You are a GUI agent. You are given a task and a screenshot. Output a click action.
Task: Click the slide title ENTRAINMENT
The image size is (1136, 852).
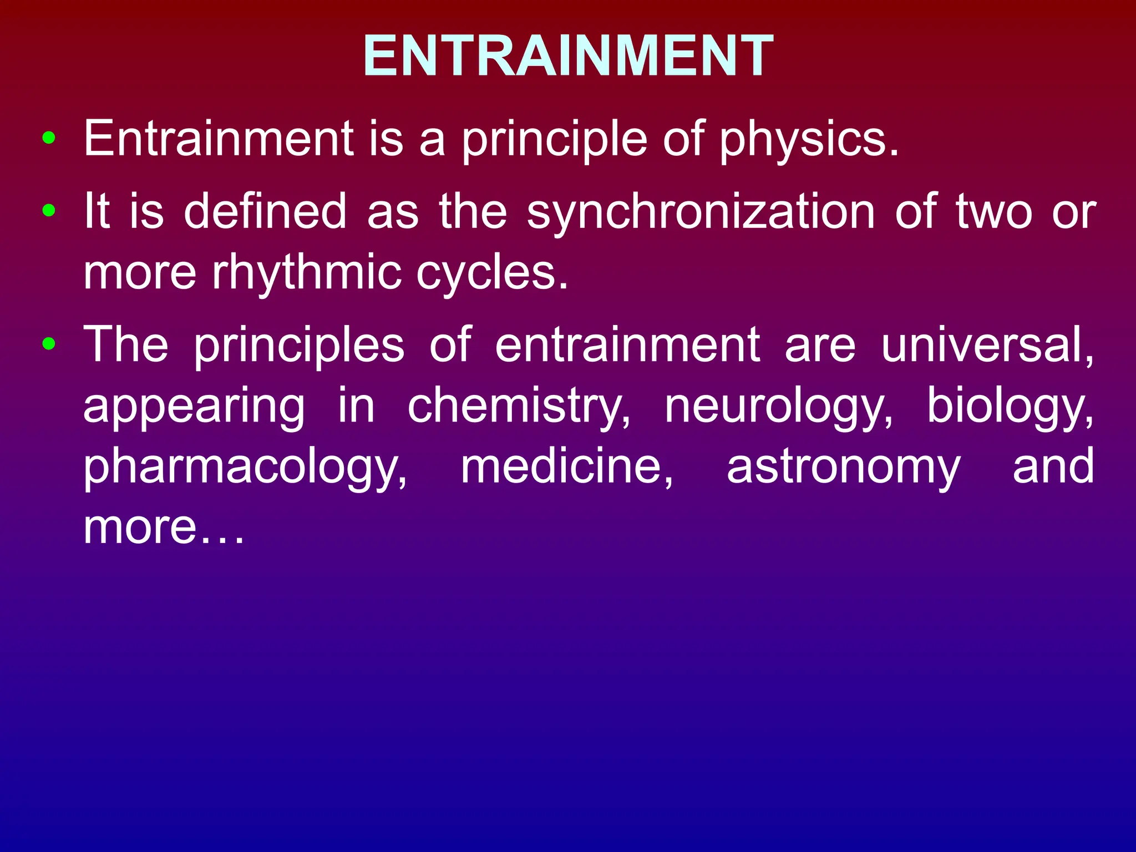(x=568, y=55)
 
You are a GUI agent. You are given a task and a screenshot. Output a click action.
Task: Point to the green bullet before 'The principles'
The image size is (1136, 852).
(x=49, y=344)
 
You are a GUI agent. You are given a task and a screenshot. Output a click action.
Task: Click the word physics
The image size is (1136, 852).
(x=809, y=140)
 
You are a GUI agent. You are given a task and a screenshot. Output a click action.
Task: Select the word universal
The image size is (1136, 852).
(x=988, y=345)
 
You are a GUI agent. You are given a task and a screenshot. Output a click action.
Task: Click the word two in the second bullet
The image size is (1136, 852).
(x=994, y=212)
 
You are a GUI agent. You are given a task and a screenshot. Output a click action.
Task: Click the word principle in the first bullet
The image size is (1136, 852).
(x=554, y=140)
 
